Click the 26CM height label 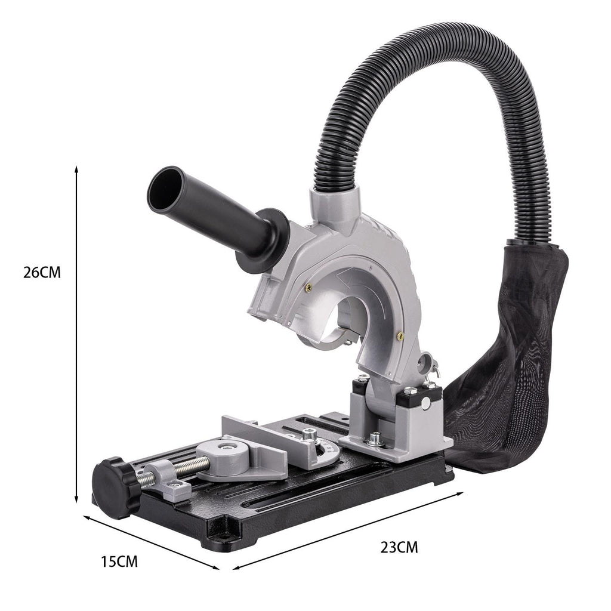tap(42, 272)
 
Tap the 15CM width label tap(119, 562)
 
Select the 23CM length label tap(399, 548)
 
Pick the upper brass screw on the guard tap(309, 288)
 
